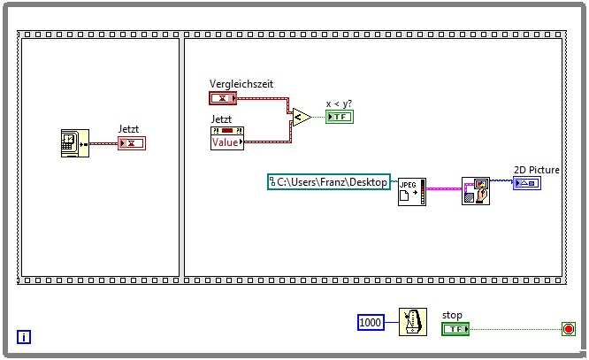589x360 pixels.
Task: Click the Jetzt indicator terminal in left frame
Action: coord(131,143)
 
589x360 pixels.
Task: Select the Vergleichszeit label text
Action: coord(241,84)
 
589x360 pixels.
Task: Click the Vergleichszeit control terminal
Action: coord(223,97)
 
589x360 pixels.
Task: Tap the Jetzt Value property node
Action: coord(227,138)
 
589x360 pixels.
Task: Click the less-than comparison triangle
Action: coord(300,116)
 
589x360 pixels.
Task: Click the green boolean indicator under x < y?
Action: coord(339,117)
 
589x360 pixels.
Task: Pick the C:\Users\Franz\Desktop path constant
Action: coord(329,181)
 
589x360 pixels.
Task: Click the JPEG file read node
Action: coord(410,189)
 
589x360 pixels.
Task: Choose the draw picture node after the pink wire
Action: coord(476,190)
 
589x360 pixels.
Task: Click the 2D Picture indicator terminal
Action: coord(526,182)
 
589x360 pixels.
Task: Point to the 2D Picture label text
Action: coord(534,169)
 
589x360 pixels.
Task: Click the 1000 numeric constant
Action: coord(371,323)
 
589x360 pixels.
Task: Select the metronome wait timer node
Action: coord(412,323)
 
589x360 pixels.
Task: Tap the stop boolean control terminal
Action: coord(455,329)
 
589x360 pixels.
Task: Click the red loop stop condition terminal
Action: coord(568,329)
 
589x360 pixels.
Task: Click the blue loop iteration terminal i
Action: coord(25,336)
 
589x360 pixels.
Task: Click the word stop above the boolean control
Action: coord(452,315)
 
